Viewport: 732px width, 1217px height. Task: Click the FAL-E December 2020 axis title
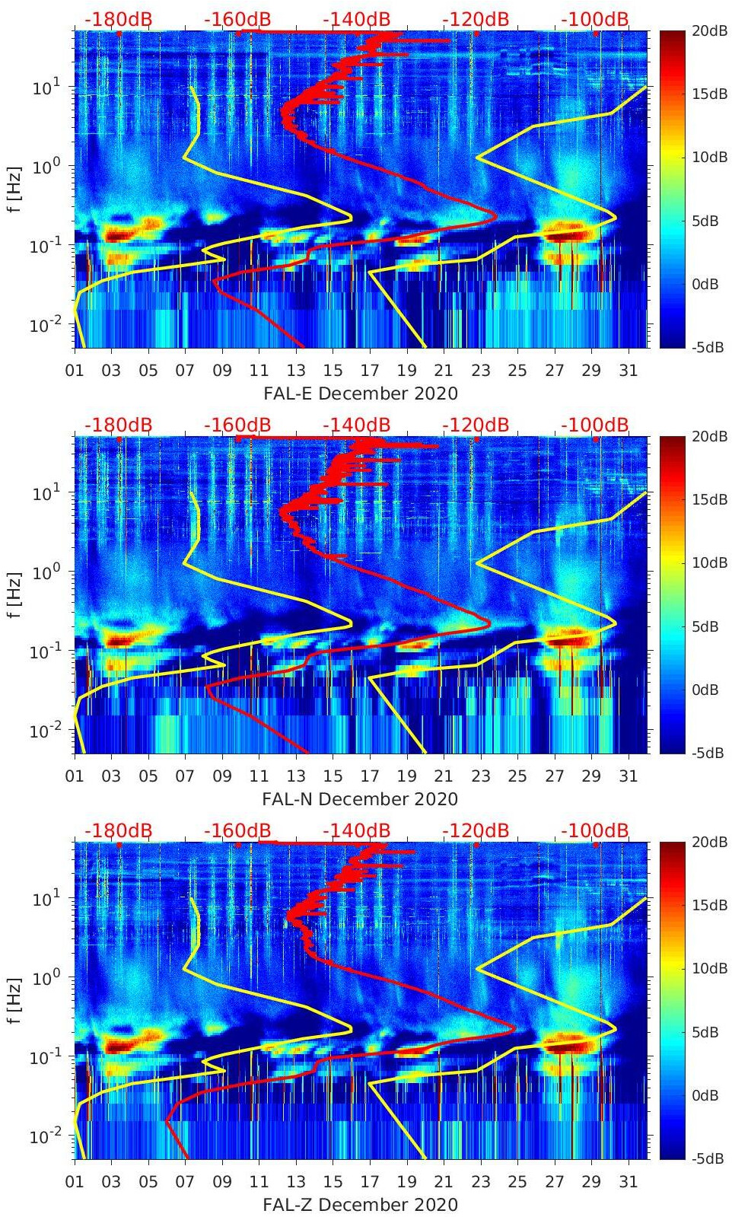[x=361, y=393]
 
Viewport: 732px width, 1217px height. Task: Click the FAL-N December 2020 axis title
[x=360, y=799]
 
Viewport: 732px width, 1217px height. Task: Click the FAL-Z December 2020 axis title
[x=360, y=1205]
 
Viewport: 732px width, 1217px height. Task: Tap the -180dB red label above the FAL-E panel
[x=118, y=19]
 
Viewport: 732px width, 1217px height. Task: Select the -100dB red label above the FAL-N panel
[x=595, y=425]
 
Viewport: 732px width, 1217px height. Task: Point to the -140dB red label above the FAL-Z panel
[x=356, y=830]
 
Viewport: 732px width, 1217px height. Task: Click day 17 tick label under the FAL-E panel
[x=370, y=371]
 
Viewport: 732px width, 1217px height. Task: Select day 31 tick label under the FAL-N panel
[x=628, y=776]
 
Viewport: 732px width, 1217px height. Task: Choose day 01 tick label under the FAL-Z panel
[x=75, y=1182]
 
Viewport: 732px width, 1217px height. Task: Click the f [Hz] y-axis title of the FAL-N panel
[x=14, y=594]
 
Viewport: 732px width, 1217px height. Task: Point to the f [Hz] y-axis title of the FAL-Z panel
[x=14, y=1000]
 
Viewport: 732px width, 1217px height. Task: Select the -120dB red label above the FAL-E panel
[x=476, y=19]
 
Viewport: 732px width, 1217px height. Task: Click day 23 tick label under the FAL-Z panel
[x=480, y=1182]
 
